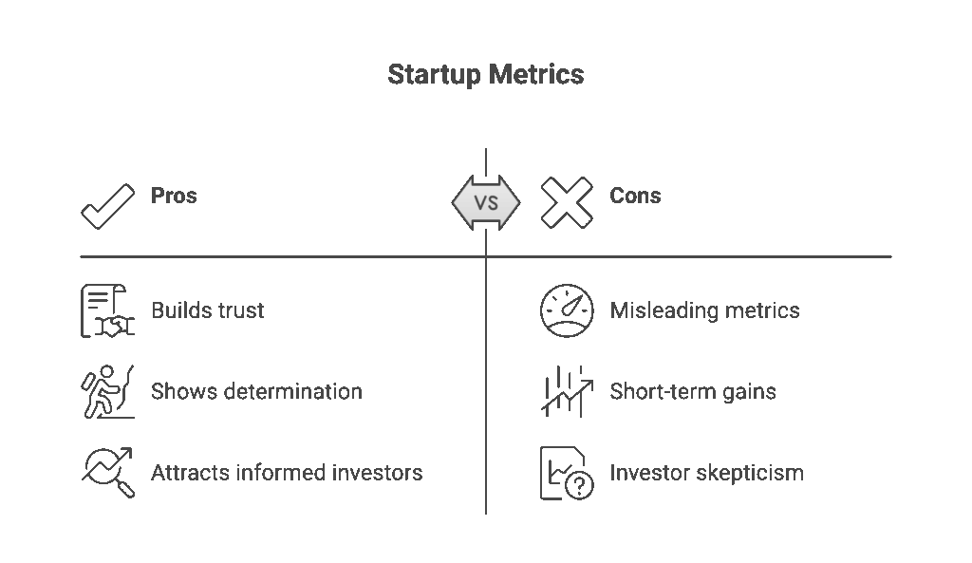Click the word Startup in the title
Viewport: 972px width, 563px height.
click(x=434, y=75)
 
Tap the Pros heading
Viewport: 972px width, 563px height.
click(x=174, y=196)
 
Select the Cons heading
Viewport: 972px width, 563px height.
click(x=635, y=196)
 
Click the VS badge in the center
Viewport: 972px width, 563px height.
click(x=486, y=202)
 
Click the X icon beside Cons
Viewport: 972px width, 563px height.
click(x=567, y=202)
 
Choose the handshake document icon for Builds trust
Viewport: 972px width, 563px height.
click(x=106, y=311)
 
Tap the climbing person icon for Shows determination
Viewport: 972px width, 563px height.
click(x=106, y=391)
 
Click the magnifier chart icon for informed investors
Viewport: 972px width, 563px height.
click(x=107, y=473)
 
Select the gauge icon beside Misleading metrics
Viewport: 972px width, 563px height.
click(x=567, y=310)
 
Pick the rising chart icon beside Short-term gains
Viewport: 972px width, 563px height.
click(x=567, y=391)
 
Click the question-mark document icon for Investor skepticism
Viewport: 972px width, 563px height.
click(x=567, y=473)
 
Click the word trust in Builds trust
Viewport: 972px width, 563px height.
click(x=239, y=310)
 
